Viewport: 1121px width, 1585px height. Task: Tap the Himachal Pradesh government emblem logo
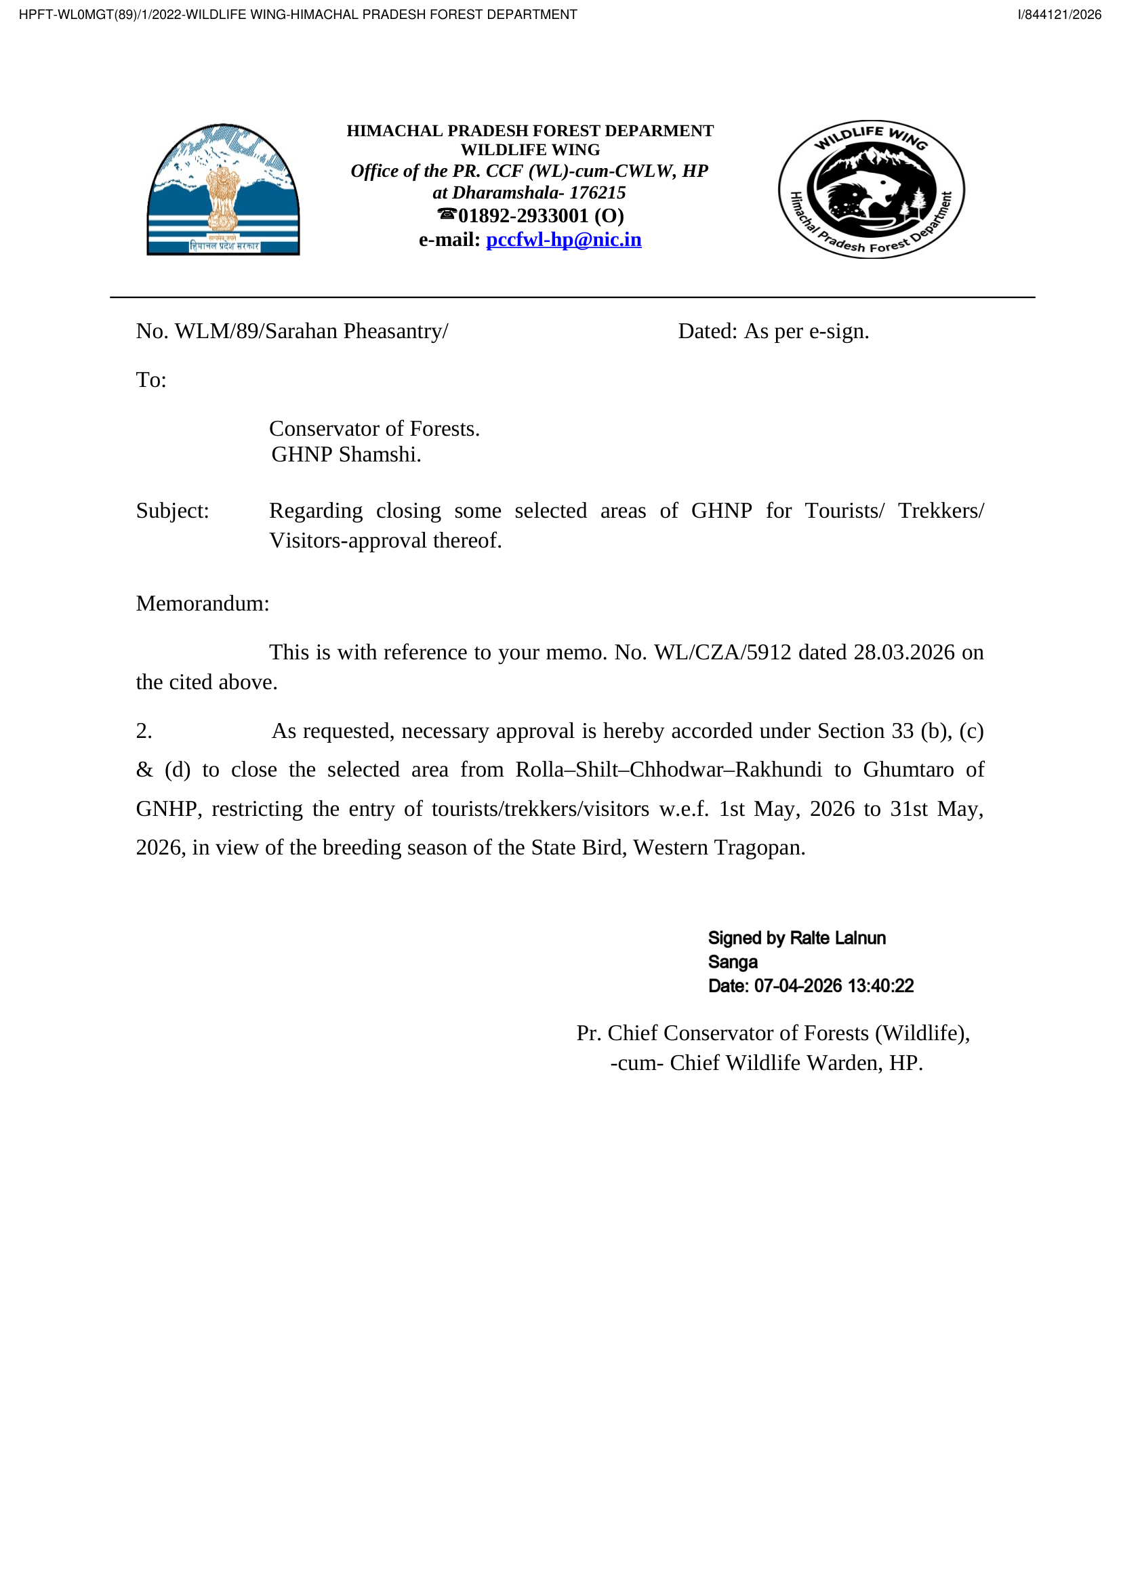[x=223, y=190]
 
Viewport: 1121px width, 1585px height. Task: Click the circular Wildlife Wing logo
[x=871, y=189]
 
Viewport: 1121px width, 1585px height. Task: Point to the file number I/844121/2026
[x=1059, y=14]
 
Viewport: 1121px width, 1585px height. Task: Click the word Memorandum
[x=202, y=603]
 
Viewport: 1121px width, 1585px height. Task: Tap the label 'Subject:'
[x=172, y=511]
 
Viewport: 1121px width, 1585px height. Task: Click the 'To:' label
[x=151, y=380]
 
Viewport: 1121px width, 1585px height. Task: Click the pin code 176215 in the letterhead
[x=597, y=192]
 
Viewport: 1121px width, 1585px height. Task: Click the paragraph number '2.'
[x=144, y=731]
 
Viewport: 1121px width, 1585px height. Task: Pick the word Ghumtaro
[x=908, y=770]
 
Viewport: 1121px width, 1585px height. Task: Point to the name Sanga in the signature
[x=733, y=962]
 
